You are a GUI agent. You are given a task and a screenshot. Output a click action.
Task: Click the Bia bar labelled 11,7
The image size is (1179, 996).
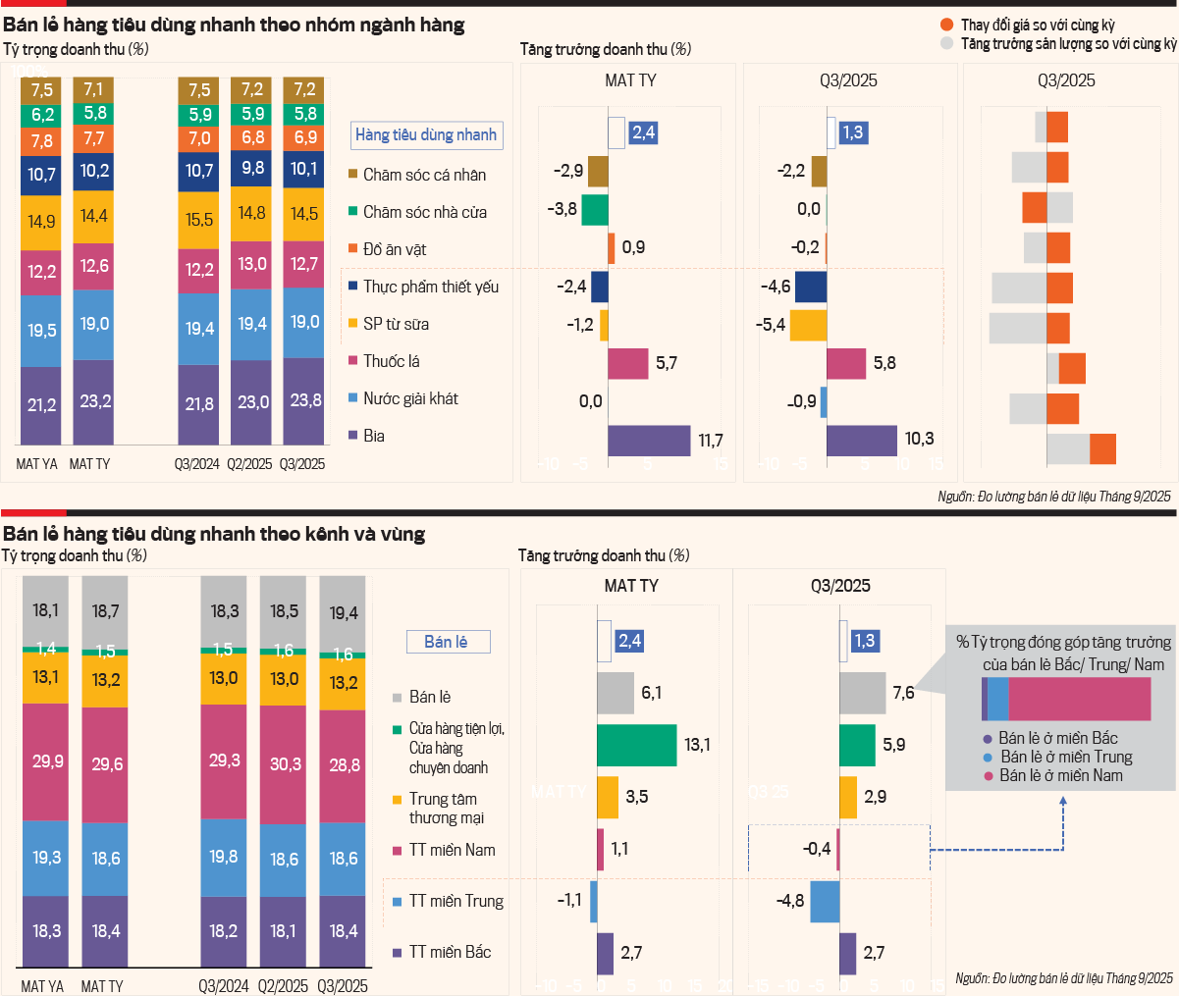tap(649, 441)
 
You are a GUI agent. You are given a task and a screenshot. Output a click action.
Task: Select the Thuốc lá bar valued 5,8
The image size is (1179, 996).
tap(846, 363)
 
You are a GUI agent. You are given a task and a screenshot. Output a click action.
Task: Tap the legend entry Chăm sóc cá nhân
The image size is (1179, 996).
tap(424, 175)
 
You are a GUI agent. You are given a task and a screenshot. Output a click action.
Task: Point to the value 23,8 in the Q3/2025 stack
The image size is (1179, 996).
tap(305, 400)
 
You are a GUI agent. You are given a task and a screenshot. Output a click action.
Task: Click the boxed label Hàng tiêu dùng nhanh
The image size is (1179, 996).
tap(426, 135)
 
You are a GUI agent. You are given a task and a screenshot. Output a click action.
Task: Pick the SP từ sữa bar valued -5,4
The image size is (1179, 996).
tap(808, 325)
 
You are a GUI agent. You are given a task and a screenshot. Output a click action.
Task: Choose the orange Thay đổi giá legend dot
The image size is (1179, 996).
tap(946, 25)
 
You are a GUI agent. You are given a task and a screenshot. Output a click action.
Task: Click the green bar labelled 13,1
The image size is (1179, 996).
tap(636, 745)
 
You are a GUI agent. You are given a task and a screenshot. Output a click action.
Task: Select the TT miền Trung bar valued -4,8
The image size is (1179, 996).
tap(825, 901)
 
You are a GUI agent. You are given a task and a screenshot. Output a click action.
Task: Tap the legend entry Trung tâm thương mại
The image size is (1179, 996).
tap(446, 809)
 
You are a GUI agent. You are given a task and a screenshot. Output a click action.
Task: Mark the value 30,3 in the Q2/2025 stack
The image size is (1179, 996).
tap(286, 763)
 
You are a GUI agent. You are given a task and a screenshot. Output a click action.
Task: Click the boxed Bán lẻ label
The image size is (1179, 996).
tap(448, 642)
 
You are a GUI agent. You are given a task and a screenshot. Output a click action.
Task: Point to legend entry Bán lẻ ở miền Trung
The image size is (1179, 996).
tap(1066, 757)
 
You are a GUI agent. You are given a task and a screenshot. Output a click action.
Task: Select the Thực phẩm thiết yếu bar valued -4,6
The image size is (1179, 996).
tap(810, 287)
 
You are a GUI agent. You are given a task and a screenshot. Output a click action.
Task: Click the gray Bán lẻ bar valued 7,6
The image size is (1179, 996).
tap(862, 693)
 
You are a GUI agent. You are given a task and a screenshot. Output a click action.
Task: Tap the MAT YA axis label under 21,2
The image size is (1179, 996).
tap(37, 464)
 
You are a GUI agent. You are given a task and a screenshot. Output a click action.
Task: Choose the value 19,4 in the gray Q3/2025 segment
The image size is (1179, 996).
tap(344, 613)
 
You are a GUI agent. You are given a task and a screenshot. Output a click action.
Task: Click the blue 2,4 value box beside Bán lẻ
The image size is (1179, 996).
tap(629, 641)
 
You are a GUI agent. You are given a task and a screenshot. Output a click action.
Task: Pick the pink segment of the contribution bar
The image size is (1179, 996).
tap(1079, 700)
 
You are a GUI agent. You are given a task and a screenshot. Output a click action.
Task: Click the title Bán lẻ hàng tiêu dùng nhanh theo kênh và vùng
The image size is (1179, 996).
tap(214, 534)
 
